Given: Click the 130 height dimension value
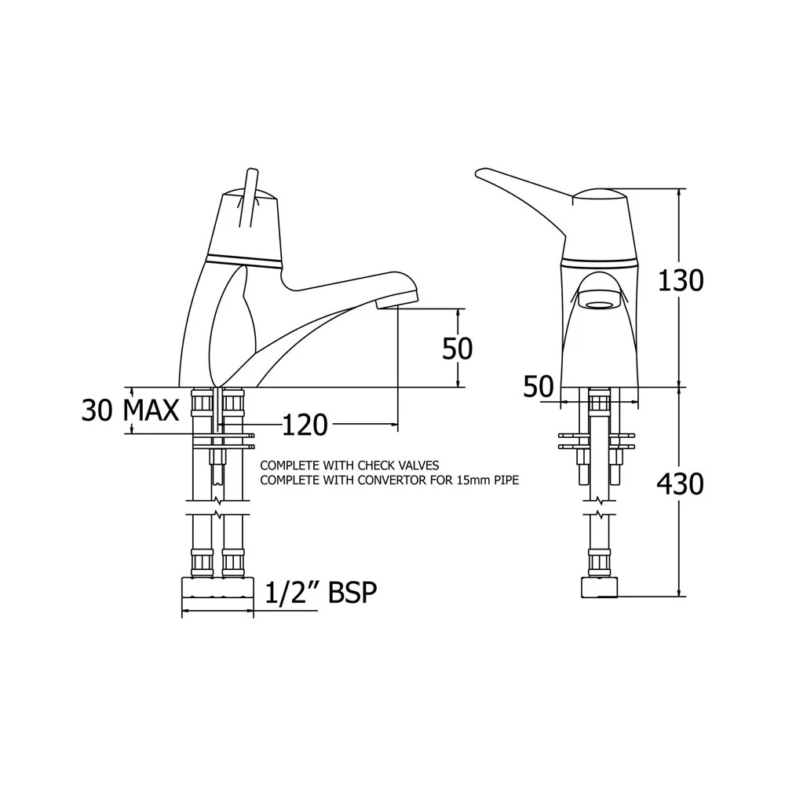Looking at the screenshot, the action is point(680,280).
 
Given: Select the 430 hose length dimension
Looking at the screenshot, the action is point(680,484).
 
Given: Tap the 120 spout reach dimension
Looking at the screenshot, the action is point(305,425).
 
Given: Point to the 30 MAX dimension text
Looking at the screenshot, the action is point(130,411).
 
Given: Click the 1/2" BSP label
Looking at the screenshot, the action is point(320,592).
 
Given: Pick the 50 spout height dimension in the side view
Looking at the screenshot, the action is point(457,349).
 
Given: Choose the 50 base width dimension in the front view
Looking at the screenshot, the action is point(539,386).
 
